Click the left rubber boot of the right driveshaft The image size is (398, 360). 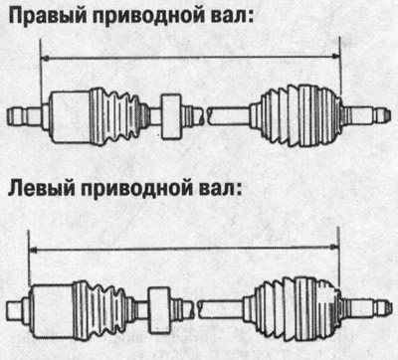tap(119, 109)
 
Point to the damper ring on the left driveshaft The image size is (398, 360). tap(159, 298)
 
